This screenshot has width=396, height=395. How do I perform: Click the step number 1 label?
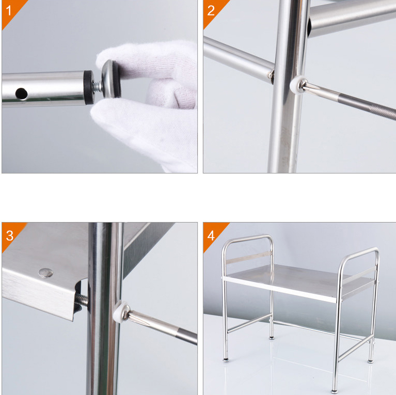tap(9, 11)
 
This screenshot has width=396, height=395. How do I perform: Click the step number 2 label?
tap(211, 11)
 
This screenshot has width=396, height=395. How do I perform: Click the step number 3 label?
tap(9, 235)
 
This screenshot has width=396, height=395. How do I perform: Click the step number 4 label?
tap(211, 235)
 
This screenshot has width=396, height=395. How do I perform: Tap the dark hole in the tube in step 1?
tap(22, 93)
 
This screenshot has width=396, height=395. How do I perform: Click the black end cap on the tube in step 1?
tap(89, 87)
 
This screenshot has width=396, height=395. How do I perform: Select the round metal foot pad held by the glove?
tap(111, 79)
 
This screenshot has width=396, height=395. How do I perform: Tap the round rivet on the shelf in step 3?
tap(46, 273)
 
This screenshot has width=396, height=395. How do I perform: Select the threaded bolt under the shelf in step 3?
tap(82, 299)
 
